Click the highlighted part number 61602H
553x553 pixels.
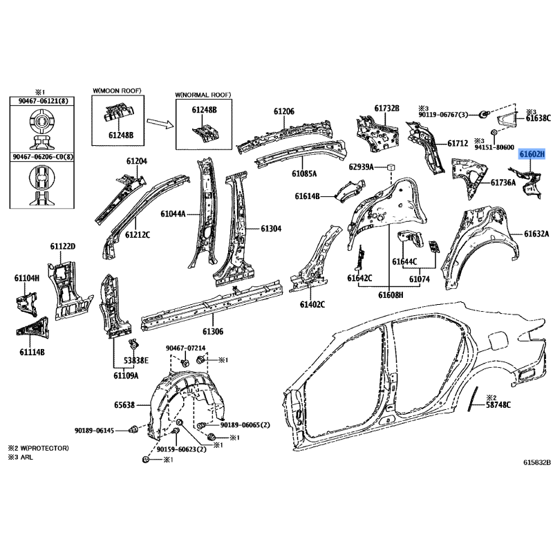(532, 154)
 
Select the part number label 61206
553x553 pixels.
(283, 111)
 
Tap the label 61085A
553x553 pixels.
(304, 174)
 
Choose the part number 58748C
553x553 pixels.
(498, 405)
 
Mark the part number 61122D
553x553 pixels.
(62, 247)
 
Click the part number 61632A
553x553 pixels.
(536, 234)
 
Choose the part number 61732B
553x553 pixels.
(387, 108)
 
